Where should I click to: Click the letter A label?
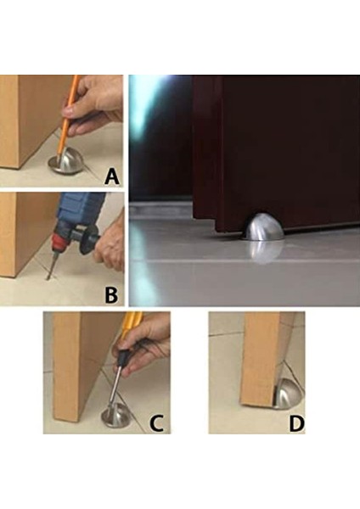112,177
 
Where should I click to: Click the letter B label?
111,295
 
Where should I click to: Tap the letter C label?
156,423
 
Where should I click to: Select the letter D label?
296,423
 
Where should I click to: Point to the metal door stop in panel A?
66,162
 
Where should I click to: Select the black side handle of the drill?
87,238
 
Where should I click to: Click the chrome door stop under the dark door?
264,227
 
